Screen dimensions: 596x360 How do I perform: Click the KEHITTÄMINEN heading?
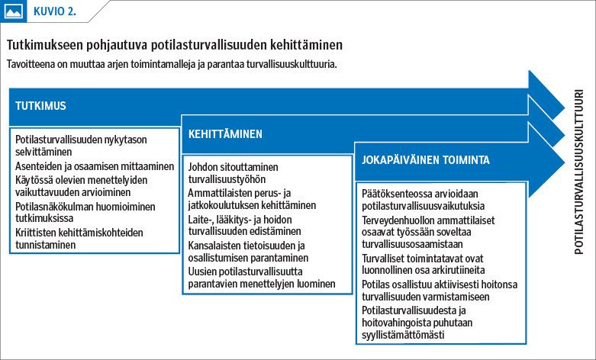[x=226, y=133]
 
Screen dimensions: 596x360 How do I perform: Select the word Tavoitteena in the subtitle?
[x=31, y=64]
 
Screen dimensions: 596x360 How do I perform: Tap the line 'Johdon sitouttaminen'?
[x=233, y=167]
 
